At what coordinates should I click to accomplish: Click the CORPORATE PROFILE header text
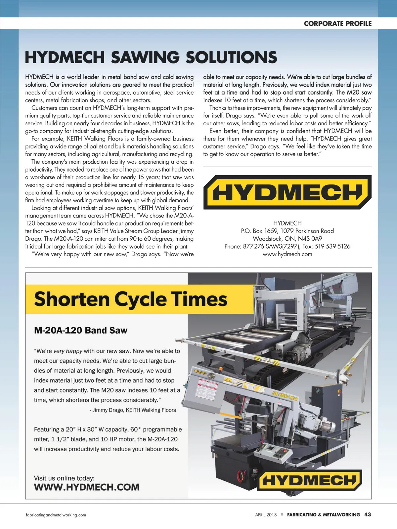point(337,23)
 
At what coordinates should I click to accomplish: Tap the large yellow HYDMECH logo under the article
point(287,192)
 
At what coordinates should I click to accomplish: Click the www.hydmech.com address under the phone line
point(287,254)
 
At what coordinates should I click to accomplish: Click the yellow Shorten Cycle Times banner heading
point(131,299)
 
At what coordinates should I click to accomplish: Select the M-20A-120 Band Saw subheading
point(81,330)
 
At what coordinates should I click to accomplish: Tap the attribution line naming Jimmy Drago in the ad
point(133,410)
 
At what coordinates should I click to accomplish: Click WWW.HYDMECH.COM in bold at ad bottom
point(87,487)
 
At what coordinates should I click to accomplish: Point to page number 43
point(367,514)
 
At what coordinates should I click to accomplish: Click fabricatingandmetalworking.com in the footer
point(56,515)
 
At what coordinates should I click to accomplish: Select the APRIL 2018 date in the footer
point(266,515)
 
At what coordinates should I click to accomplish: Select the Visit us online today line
point(64,478)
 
